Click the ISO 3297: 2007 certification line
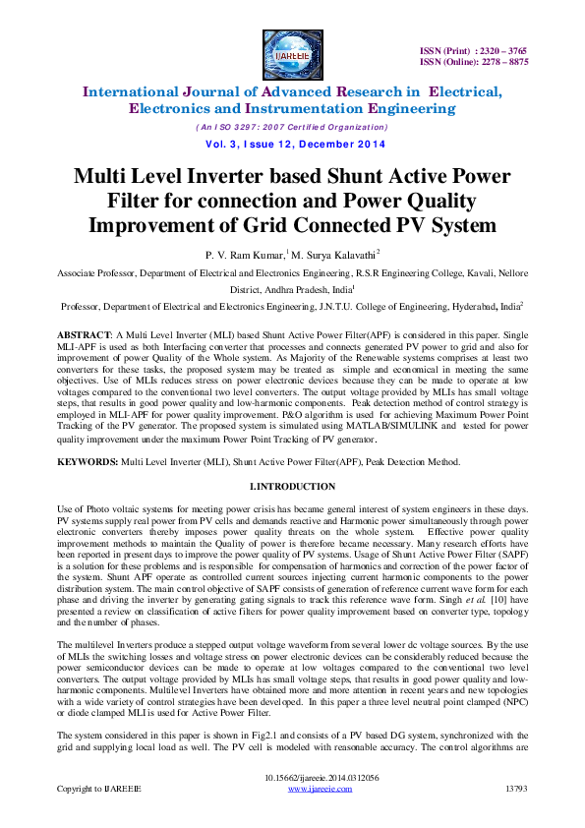tap(292, 127)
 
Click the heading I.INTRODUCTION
tap(293, 487)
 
